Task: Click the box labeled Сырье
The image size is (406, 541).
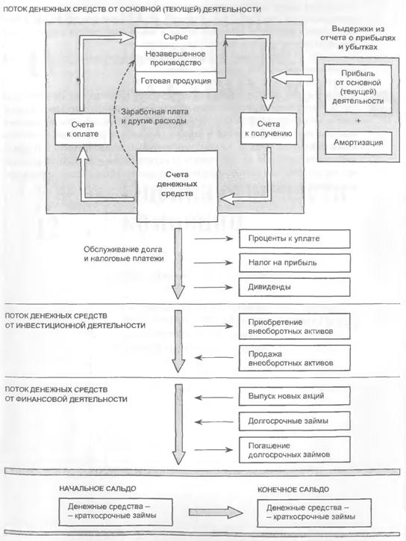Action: click(x=176, y=37)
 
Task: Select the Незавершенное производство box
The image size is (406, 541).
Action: click(x=176, y=58)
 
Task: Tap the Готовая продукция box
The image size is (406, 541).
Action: click(x=176, y=81)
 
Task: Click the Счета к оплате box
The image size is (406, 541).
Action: click(x=83, y=129)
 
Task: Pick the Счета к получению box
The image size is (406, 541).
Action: click(x=269, y=129)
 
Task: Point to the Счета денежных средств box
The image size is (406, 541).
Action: click(x=177, y=185)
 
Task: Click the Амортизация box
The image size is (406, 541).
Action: click(x=358, y=143)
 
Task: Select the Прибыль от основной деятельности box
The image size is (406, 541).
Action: click(x=358, y=87)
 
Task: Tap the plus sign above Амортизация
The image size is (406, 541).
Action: click(x=358, y=121)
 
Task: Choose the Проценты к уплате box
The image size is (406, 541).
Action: click(x=295, y=239)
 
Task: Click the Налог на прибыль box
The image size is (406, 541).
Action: click(x=295, y=263)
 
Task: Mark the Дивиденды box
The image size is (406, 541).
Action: click(x=295, y=287)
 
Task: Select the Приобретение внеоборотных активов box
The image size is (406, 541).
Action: click(x=295, y=327)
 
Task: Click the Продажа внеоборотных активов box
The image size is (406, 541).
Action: click(x=295, y=358)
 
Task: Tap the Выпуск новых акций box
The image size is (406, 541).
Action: click(x=295, y=396)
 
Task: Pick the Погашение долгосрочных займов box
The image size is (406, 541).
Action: click(x=295, y=450)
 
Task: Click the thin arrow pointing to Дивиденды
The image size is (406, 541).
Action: click(x=213, y=287)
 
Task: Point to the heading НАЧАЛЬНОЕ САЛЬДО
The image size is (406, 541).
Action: click(x=98, y=489)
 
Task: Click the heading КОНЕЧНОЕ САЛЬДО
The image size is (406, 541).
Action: click(x=293, y=489)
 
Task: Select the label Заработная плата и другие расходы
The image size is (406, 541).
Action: click(x=154, y=117)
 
